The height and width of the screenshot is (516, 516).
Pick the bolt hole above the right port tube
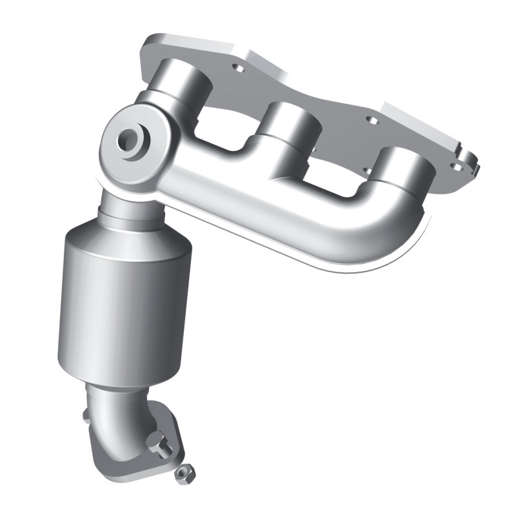point(371,119)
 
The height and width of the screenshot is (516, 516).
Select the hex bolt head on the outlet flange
point(159,445)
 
